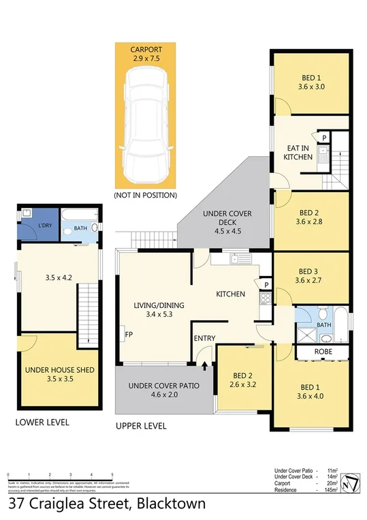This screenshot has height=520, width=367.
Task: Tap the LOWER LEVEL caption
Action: pyautogui.click(x=42, y=423)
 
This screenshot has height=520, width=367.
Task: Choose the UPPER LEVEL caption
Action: pyautogui.click(x=141, y=427)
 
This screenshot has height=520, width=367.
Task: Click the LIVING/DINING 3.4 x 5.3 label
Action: pyautogui.click(x=155, y=310)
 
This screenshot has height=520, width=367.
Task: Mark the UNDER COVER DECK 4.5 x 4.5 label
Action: pyautogui.click(x=227, y=222)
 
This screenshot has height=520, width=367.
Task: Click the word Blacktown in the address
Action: pyautogui.click(x=170, y=505)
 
